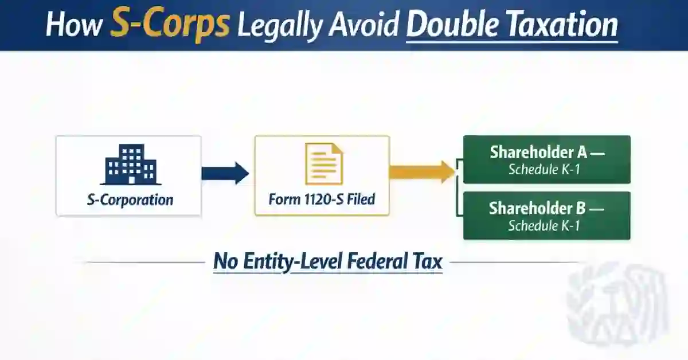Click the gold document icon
[x=323, y=164]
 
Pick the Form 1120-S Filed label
[x=322, y=200]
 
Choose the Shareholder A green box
[x=546, y=159]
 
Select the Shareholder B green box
[x=546, y=216]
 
